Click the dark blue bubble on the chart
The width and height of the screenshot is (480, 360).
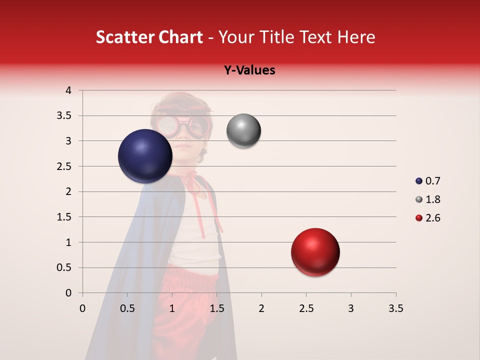click(x=145, y=156)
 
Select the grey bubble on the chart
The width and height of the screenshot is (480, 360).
click(x=243, y=131)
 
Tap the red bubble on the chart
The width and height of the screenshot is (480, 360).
click(x=315, y=252)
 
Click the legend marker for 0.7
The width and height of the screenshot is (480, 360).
click(x=419, y=181)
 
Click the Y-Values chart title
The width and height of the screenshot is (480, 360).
click(x=249, y=70)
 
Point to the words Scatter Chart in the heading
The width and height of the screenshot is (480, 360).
click(x=149, y=37)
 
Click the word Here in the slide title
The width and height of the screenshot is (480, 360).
click(x=356, y=37)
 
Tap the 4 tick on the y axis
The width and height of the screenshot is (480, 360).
click(x=69, y=90)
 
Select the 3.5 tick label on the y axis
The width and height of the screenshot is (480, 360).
click(x=64, y=115)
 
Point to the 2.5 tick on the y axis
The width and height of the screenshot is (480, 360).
click(x=64, y=166)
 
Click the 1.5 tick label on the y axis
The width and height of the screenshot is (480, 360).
click(x=64, y=217)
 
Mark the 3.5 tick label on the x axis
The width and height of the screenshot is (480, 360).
click(x=395, y=308)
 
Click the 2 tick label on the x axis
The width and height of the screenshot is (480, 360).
click(x=261, y=308)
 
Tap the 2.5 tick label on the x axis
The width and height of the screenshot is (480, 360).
click(x=306, y=308)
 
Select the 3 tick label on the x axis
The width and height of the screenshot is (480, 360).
click(x=351, y=308)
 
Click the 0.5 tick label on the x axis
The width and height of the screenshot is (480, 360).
click(x=127, y=308)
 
